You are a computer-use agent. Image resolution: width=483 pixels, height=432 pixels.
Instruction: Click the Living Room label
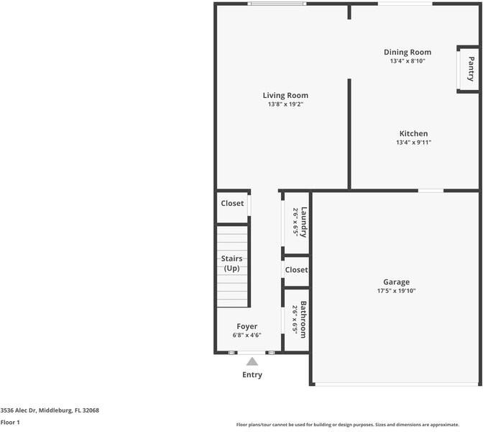pos(285,95)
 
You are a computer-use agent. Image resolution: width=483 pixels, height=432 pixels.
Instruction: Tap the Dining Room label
pos(407,52)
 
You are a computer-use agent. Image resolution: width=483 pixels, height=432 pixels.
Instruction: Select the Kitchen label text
pos(413,133)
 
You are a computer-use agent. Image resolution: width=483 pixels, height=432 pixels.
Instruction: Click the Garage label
pos(396,282)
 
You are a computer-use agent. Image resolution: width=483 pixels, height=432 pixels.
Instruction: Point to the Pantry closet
pos(471,69)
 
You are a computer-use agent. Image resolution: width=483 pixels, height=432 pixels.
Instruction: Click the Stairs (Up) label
pos(231,263)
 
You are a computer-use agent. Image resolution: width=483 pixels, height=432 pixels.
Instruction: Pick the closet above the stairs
pos(232,204)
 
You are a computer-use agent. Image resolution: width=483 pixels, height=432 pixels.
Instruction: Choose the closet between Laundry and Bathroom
pos(296,270)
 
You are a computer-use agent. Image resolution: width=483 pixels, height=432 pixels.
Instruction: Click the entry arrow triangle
pos(252,361)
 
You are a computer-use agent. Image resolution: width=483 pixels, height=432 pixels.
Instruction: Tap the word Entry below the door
pos(252,374)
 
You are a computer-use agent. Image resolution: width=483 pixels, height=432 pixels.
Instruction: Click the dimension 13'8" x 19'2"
pos(285,104)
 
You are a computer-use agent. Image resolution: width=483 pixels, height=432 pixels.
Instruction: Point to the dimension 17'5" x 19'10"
pos(396,291)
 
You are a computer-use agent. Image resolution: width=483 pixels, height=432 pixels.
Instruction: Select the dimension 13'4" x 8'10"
pos(407,61)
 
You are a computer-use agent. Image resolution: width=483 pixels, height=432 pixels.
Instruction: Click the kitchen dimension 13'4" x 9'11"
pos(413,143)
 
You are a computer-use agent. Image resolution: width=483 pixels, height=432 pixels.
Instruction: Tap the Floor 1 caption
pos(10,423)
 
